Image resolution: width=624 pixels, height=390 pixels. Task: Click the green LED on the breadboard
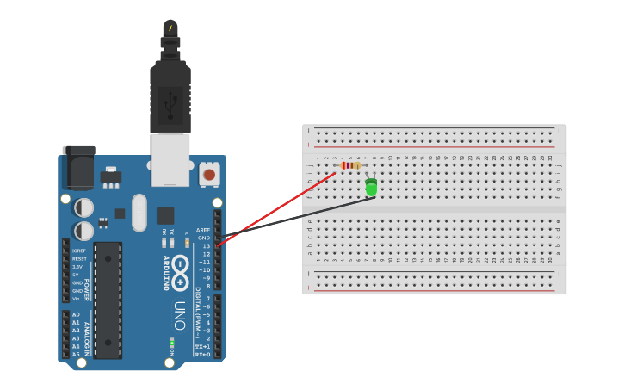coord(371,187)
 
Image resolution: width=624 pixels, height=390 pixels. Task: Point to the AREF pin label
coord(203,230)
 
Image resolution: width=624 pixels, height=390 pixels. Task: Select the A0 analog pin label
coord(76,315)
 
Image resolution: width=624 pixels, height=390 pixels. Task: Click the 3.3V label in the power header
coord(78,267)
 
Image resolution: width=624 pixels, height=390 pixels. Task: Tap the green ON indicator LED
coord(172,345)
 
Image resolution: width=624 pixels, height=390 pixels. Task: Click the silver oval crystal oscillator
coord(139,213)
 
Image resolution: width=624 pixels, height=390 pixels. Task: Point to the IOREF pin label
coord(79,251)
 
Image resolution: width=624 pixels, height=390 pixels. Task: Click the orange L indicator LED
coord(187,244)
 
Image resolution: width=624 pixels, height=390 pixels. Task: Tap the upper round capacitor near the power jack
coord(84,207)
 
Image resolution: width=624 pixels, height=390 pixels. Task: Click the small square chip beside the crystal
coord(165,215)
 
